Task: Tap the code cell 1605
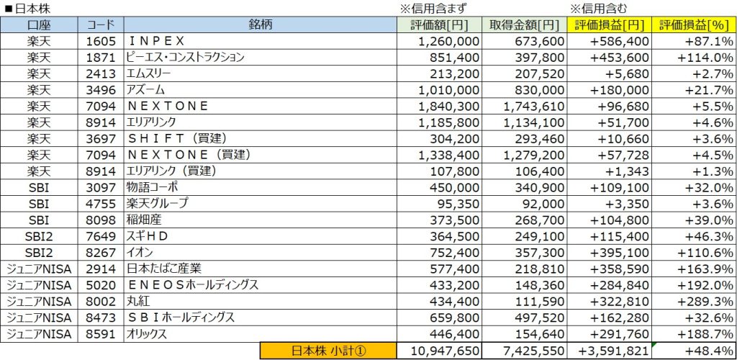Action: tap(97, 40)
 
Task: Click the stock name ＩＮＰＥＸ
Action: tap(155, 40)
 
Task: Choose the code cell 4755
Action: tap(97, 203)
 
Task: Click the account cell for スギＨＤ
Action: tap(39, 235)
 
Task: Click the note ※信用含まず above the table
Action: tap(433, 9)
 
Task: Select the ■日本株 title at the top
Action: tap(29, 9)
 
